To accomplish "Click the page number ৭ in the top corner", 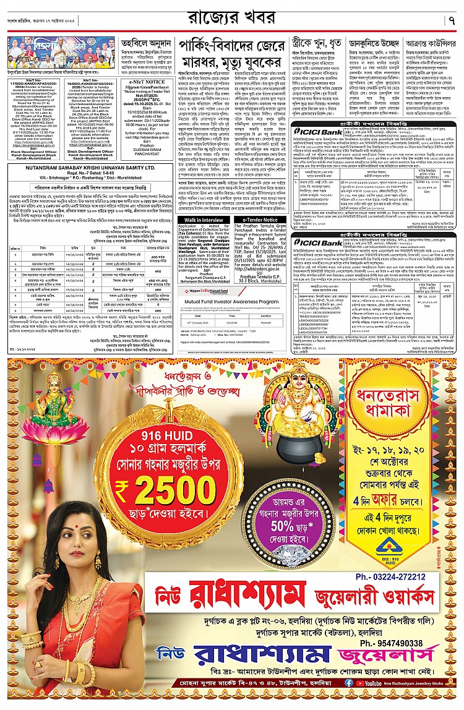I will pos(452,20).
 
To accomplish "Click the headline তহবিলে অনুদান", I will pos(146,45).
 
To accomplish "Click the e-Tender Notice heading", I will pos(260,220).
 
